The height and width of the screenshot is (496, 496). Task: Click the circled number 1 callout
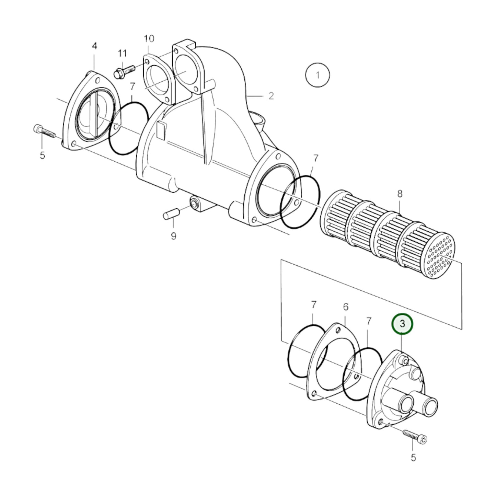[x=318, y=75]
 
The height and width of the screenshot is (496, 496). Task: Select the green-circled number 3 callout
[x=402, y=324]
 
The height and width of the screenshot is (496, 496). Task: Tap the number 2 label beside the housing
[x=271, y=96]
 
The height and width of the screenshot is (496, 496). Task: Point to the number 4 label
[x=94, y=46]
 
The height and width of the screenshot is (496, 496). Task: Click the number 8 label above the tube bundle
[x=400, y=194]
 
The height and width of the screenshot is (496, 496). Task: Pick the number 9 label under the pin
[x=173, y=236]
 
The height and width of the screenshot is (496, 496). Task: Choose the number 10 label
[x=149, y=38]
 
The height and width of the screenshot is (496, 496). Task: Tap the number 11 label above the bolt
[x=123, y=54]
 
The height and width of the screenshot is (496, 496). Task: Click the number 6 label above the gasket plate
[x=346, y=307]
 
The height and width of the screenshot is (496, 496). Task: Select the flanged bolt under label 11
[x=124, y=71]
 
